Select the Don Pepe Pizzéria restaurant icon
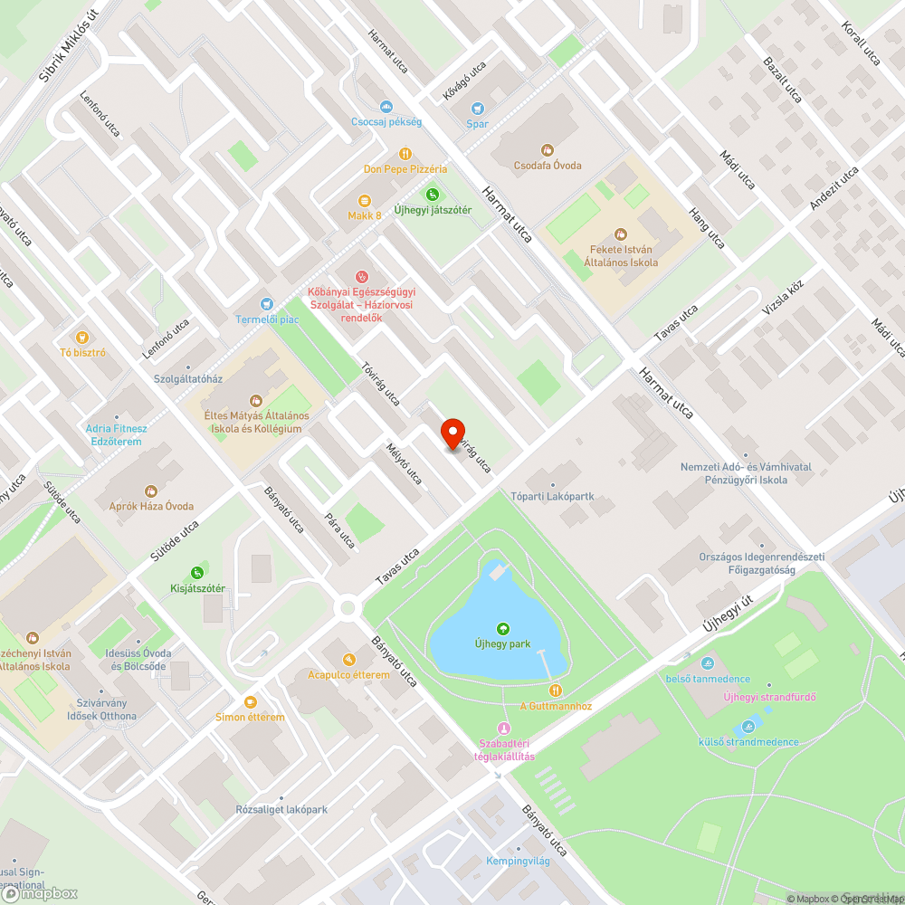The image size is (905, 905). pos(405,154)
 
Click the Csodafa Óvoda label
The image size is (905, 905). pos(547,166)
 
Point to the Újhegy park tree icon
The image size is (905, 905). pos(502,629)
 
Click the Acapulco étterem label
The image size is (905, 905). pos(348,674)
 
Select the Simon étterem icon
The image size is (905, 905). pos(250,701)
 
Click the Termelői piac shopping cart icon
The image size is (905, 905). pos(266,304)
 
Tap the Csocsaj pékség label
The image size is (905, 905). pos(386,121)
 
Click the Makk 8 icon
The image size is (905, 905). pos(365,201)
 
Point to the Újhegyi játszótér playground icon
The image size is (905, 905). pos(433,194)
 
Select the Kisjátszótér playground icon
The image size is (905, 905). pos(197,573)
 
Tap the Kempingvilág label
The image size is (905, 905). pos(518,861)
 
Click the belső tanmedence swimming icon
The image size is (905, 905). pos(707,663)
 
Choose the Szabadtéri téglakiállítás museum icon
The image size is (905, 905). pos(503,729)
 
